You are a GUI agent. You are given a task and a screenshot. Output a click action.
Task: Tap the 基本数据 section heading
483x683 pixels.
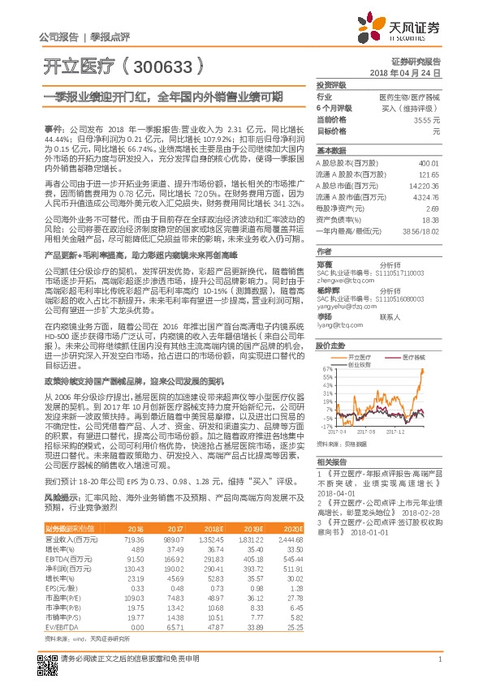pyautogui.click(x=331, y=151)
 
